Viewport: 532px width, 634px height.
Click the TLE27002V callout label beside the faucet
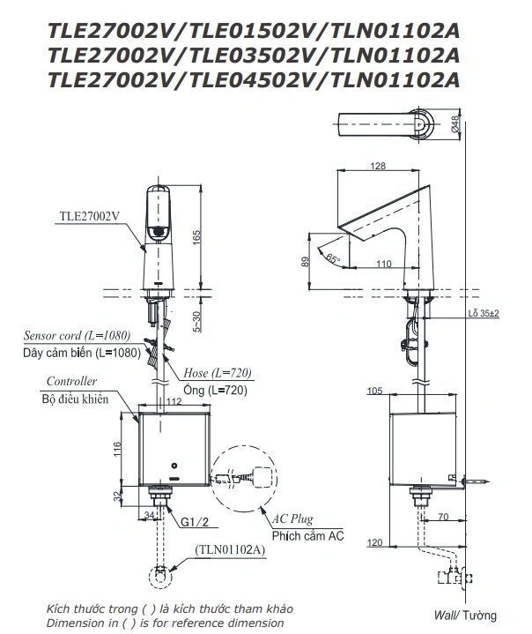tap(89, 215)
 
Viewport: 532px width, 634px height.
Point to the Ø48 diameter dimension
tap(455, 124)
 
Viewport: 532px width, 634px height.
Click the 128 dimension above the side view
tap(378, 166)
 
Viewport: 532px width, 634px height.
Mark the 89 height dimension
tap(304, 261)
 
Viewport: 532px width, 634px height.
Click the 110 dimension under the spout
tap(383, 264)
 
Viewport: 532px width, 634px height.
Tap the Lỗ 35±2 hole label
tap(484, 314)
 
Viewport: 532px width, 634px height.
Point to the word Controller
tap(70, 381)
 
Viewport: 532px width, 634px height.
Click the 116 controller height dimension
tap(116, 449)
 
